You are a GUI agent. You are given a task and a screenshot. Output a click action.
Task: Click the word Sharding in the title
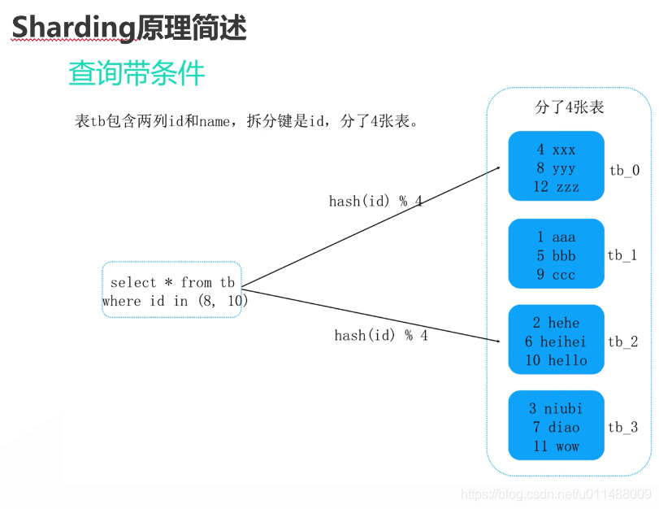tap(72, 28)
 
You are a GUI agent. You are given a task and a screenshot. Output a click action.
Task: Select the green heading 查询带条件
tap(137, 74)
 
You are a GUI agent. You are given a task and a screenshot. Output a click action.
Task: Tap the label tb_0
tap(624, 170)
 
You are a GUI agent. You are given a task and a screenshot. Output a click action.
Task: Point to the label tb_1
tap(622, 255)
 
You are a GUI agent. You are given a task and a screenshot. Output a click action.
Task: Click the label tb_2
tap(622, 342)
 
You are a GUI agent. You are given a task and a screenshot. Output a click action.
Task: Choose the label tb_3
tap(622, 427)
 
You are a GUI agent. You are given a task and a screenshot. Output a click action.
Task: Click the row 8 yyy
tap(556, 168)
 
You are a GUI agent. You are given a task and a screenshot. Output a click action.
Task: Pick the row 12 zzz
tap(556, 187)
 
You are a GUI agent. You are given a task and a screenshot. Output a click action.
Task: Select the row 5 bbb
tap(556, 255)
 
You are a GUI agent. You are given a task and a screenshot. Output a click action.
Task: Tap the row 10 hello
tap(556, 360)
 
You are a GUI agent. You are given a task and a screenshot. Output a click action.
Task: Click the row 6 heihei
tap(556, 342)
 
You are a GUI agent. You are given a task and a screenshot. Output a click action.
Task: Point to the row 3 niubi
tap(556, 408)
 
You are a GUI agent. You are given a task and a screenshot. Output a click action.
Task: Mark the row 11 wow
tap(556, 446)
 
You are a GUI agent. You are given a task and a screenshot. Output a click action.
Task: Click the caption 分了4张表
tap(569, 107)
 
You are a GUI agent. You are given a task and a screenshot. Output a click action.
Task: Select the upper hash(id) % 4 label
tap(375, 201)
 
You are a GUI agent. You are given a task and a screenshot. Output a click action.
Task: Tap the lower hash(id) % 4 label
tap(380, 335)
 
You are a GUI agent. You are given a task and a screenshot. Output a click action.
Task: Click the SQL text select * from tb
tap(172, 282)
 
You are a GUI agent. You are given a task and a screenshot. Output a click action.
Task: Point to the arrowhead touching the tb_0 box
tap(496, 168)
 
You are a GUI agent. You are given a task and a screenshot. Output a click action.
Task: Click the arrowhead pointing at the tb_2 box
tap(496, 341)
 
